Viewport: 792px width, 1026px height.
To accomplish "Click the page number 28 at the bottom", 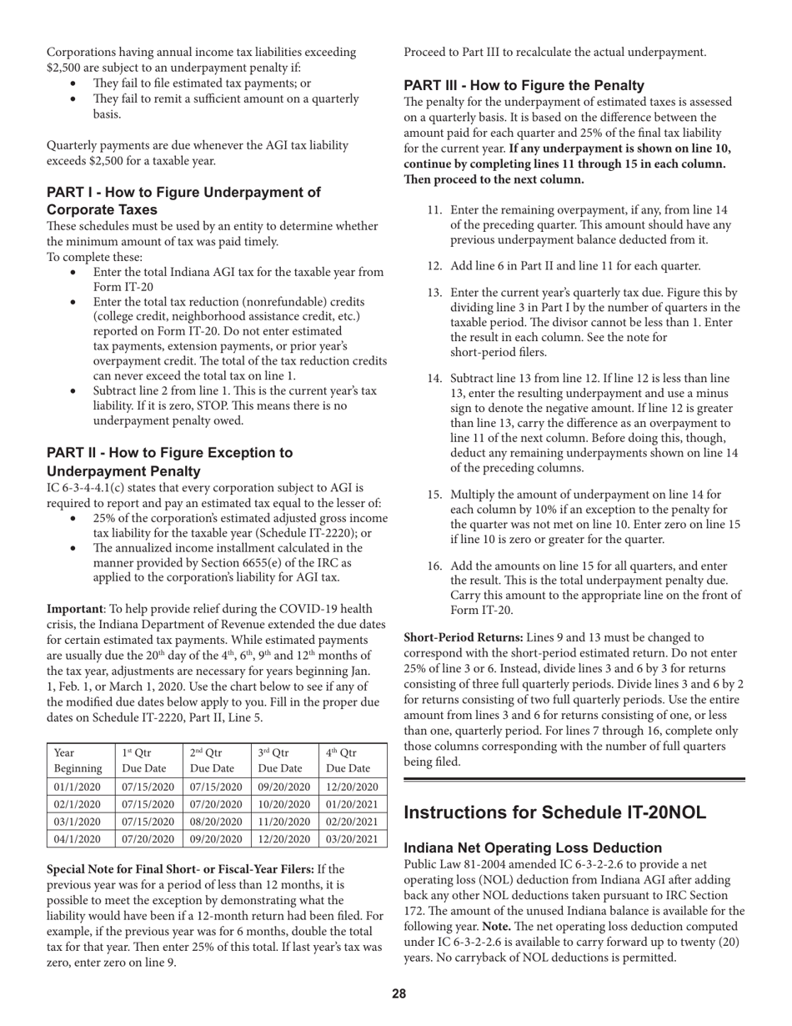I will pos(399,993).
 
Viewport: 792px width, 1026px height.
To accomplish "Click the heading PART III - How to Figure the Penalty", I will pos(524,85).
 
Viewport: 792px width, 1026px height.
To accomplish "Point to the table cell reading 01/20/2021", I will pos(351,804).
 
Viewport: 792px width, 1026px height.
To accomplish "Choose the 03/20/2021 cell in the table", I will pos(351,839).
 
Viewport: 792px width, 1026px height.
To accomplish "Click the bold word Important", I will pos(73,609).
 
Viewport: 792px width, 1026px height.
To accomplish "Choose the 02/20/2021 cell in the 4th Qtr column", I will pos(351,822).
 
